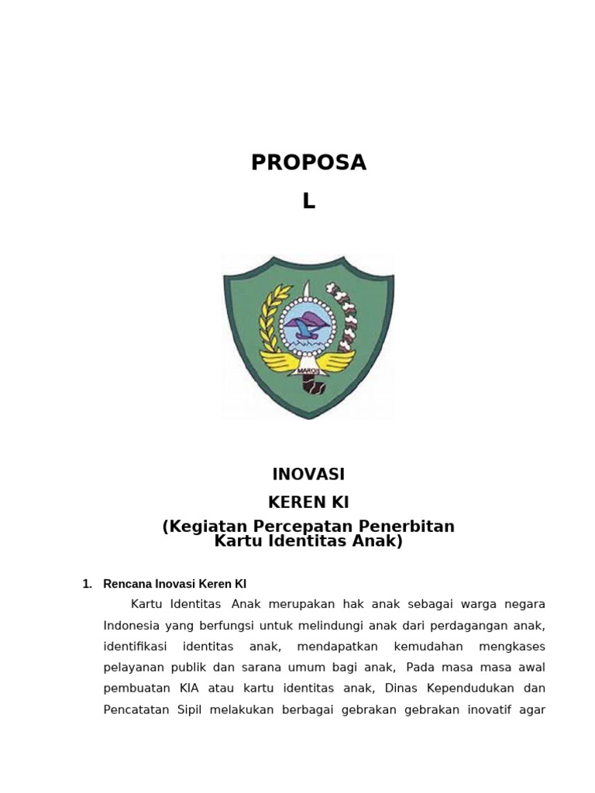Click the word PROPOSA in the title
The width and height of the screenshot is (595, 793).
308,163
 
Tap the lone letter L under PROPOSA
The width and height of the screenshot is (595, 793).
308,201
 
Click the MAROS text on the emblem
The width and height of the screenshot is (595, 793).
308,371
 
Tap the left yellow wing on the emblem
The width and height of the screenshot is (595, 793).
277,360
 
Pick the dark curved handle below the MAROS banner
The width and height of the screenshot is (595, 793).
313,383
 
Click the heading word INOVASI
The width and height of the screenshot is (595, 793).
308,475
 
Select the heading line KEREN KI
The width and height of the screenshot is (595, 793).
308,503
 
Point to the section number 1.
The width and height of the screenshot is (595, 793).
87,585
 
